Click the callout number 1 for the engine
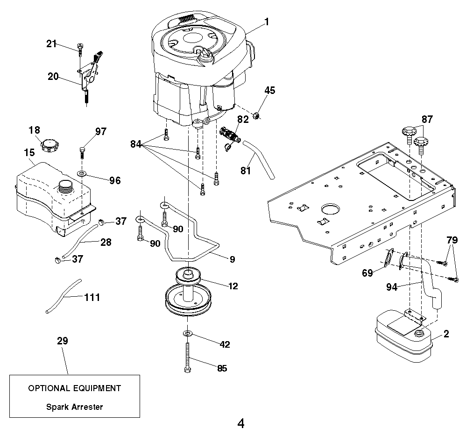[x=266, y=21]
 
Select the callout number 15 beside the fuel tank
[x=29, y=152]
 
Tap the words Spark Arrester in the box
[x=74, y=407]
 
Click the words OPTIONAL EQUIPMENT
[x=74, y=388]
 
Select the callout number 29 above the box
[x=62, y=341]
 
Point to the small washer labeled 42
[x=187, y=333]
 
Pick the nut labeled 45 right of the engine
[x=256, y=115]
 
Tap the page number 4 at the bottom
[x=241, y=424]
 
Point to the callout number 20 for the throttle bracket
[x=53, y=76]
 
